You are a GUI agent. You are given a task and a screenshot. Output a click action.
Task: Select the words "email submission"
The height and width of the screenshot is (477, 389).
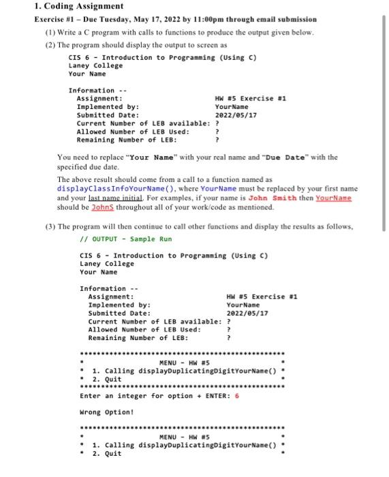pos(287,19)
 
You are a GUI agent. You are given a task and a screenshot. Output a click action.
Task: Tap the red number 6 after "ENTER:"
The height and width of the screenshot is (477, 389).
pos(236,395)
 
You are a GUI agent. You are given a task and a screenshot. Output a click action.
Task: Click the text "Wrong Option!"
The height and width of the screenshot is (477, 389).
pos(106,412)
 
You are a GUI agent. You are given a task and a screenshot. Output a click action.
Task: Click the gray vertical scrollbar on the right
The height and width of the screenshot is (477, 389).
pos(384,116)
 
